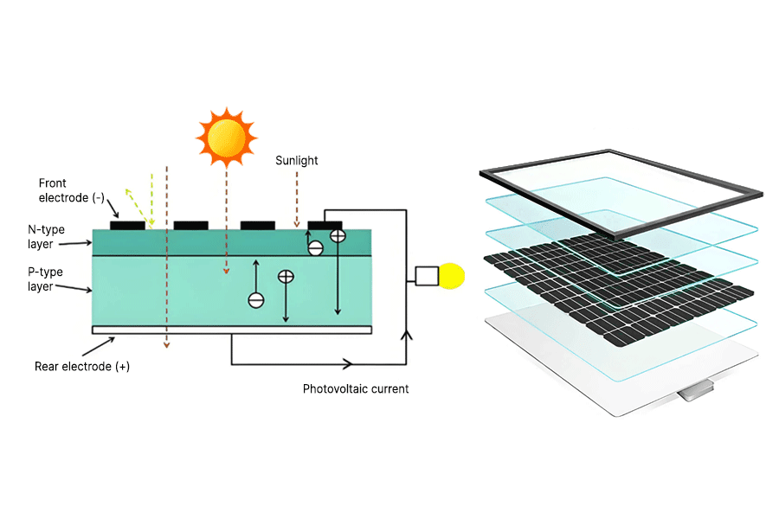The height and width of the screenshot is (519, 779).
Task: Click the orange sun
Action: pos(227,136)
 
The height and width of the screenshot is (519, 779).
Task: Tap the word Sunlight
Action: pos(297,161)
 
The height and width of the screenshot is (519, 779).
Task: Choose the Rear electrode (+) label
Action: pos(82,367)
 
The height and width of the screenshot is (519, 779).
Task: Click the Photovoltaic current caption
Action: pos(355,389)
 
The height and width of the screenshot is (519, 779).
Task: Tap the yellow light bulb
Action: pos(453,276)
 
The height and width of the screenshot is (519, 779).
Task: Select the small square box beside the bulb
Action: pos(427,276)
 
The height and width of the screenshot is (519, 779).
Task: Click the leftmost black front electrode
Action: pos(127,225)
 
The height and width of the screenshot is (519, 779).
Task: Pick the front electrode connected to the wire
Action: pos(325,225)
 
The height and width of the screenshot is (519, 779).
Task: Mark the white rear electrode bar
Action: pos(232,330)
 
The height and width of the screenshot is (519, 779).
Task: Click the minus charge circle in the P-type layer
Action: pos(256,300)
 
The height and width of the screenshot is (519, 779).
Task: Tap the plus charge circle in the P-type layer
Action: pos(286,278)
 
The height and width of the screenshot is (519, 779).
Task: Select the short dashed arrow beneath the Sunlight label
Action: pos(297,199)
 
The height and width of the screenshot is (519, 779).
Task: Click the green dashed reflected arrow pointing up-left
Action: pos(133,200)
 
